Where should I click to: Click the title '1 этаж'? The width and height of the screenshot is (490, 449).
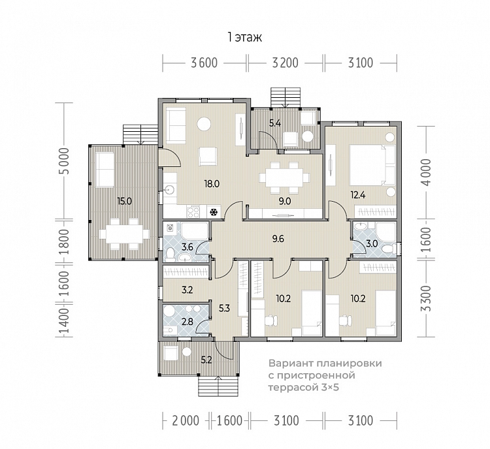click(x=245, y=37)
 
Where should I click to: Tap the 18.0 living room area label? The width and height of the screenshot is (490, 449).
click(x=212, y=184)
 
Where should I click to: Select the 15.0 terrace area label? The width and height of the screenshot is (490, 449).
click(x=124, y=202)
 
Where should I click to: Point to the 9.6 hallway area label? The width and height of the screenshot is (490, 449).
click(x=278, y=239)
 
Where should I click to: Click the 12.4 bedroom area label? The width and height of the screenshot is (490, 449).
click(x=358, y=196)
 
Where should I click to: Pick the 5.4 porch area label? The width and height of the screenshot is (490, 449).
click(x=275, y=123)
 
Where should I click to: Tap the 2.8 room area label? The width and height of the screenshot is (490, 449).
click(x=188, y=322)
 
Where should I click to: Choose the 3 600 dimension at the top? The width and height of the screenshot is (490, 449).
click(x=204, y=63)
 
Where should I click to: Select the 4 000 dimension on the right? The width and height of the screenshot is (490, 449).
click(x=426, y=172)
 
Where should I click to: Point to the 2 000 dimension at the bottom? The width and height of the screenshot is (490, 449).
click(x=186, y=421)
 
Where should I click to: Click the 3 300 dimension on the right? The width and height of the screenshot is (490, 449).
click(x=426, y=298)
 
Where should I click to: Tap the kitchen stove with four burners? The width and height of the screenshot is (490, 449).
click(x=193, y=211)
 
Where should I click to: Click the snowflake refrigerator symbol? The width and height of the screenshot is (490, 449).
click(x=214, y=212)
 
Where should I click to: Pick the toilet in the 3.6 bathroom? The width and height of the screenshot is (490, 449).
click(x=171, y=254)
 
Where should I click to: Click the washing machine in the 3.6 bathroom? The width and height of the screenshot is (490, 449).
click(x=171, y=227)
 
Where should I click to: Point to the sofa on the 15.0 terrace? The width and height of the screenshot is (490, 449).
click(x=105, y=170)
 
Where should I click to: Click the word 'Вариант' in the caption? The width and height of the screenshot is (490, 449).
click(x=291, y=364)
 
